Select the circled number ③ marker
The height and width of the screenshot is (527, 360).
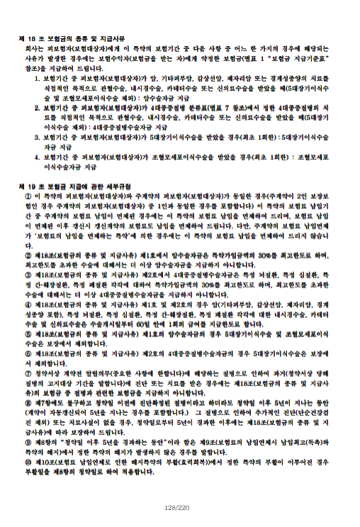pyautogui.click(x=28, y=274)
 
